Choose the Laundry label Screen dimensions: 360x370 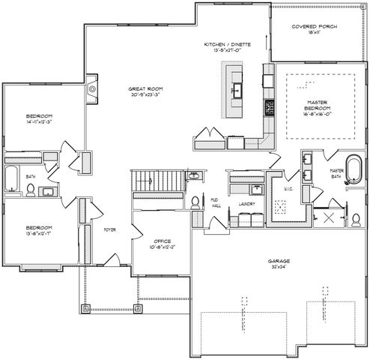(x=246, y=202)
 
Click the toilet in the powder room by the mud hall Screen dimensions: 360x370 (x=196, y=202)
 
